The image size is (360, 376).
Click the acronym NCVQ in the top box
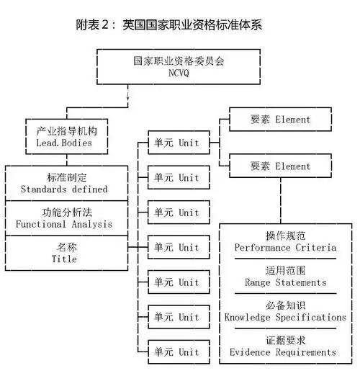(x=179, y=73)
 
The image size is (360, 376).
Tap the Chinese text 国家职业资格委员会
(x=179, y=61)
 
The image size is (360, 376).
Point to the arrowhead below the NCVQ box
(x=128, y=101)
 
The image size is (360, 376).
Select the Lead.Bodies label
(x=67, y=143)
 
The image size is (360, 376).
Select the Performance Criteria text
(x=285, y=247)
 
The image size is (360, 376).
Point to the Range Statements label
(x=285, y=282)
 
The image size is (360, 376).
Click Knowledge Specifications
(x=285, y=317)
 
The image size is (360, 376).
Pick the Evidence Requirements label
(x=285, y=352)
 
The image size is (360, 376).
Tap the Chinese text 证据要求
(x=285, y=341)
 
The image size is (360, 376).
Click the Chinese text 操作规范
(x=285, y=236)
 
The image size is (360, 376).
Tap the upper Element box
(x=281, y=119)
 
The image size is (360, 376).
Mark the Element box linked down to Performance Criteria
(x=281, y=166)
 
